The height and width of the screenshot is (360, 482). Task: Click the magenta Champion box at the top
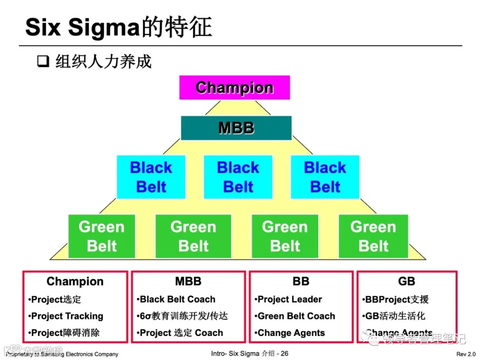(234, 87)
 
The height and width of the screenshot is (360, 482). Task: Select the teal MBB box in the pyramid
(236, 128)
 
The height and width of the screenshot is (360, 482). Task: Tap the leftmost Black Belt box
(151, 177)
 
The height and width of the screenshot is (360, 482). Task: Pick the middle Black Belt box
(238, 177)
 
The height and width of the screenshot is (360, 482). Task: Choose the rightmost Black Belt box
(325, 177)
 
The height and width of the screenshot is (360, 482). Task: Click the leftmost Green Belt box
(102, 236)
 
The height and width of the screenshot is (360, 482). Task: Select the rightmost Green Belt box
(373, 236)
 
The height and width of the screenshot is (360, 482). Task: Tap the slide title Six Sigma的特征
(119, 27)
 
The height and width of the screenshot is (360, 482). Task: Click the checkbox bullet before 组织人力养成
(43, 62)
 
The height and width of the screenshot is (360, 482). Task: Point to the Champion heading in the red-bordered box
(75, 281)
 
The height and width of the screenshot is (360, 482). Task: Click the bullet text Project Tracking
(67, 316)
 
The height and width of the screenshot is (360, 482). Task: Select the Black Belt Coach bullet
(178, 299)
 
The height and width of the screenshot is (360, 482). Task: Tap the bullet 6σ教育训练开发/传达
(184, 316)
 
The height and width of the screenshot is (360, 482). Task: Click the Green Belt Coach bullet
(296, 316)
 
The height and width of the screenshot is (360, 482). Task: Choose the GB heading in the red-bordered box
(407, 281)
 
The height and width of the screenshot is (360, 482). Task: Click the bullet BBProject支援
(397, 299)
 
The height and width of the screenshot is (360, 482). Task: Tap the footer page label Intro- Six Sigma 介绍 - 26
(249, 354)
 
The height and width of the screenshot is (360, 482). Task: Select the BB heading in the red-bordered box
(301, 281)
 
